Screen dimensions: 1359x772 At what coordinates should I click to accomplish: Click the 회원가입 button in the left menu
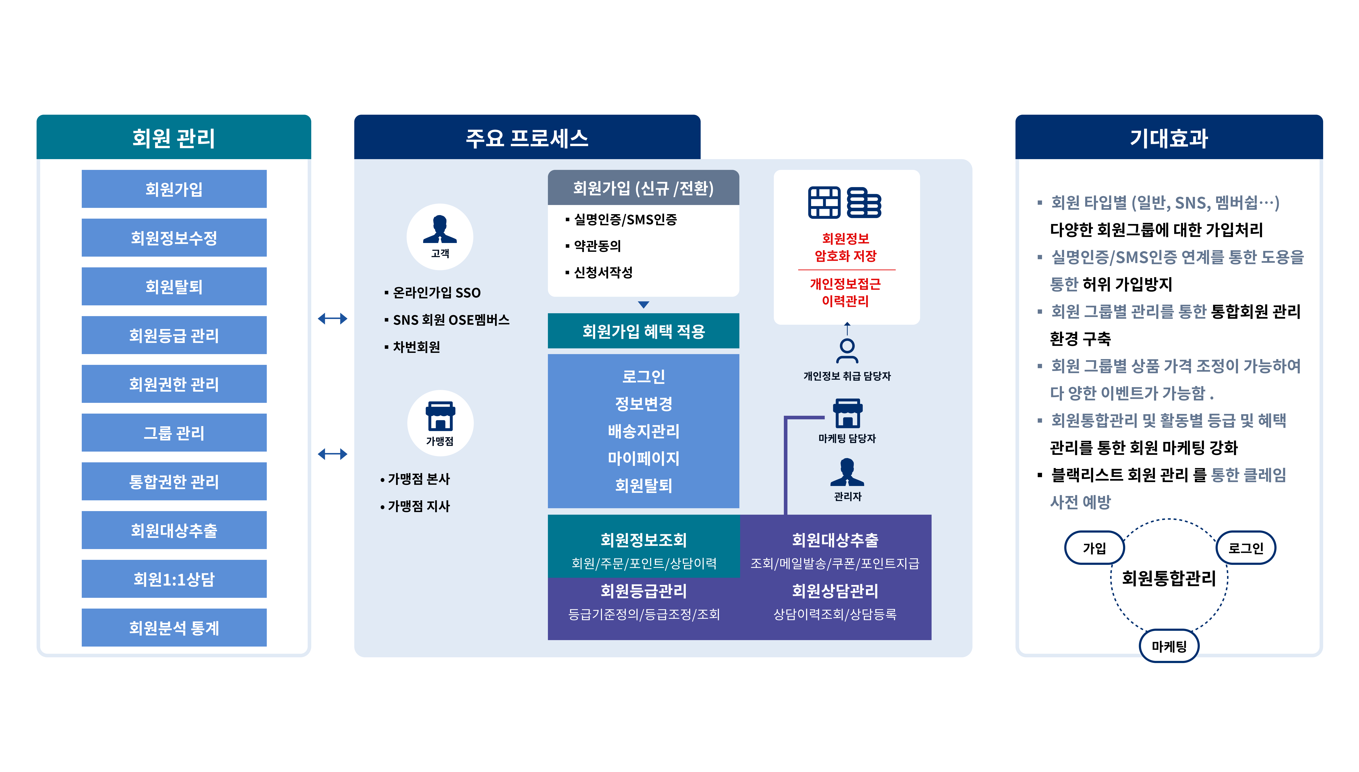point(174,189)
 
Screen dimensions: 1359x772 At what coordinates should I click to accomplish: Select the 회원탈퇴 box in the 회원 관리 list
point(174,286)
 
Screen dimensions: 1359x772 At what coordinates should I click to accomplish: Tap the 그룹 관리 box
point(174,433)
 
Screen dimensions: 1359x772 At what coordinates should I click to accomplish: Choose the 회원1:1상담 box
point(174,579)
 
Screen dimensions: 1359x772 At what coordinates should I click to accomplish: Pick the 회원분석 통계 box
point(174,628)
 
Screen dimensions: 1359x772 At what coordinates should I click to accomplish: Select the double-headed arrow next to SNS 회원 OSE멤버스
point(333,319)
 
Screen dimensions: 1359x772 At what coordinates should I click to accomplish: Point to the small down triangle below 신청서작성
point(643,305)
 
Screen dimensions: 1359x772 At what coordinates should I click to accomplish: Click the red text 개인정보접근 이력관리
point(846,292)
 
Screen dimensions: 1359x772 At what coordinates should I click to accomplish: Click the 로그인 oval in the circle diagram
point(1246,548)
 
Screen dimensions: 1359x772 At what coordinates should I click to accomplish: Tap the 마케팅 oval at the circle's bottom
point(1169,646)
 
